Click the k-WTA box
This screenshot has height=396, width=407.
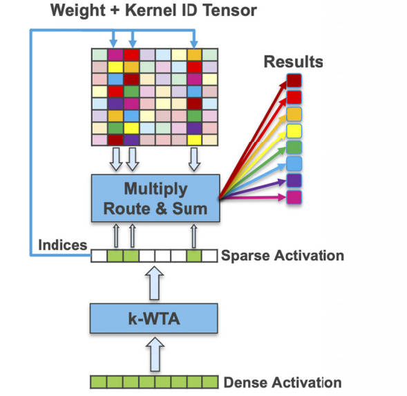tap(153, 318)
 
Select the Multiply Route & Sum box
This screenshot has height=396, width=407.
tap(155, 198)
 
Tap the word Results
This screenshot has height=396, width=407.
tap(293, 62)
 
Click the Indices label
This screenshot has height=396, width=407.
tap(63, 245)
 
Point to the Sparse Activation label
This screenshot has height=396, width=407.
tap(283, 255)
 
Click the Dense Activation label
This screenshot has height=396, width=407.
tap(283, 382)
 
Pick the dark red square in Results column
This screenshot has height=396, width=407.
tap(294, 80)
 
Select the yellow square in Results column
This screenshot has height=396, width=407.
tap(294, 131)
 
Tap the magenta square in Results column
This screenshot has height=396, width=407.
tap(294, 197)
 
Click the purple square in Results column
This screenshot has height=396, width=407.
tap(294, 181)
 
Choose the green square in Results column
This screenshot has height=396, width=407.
tap(294, 147)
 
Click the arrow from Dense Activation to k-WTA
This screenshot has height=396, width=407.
tap(155, 354)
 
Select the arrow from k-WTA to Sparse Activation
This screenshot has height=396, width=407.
tap(155, 283)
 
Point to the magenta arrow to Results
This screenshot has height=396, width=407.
tap(253, 197)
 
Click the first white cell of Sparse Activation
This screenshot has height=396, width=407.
tap(99, 255)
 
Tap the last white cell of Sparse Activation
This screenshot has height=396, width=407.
tap(209, 255)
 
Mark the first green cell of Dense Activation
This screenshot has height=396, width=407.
tap(98, 382)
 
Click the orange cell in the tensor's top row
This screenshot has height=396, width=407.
tap(194, 55)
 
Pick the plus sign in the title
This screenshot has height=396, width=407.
tap(115, 11)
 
